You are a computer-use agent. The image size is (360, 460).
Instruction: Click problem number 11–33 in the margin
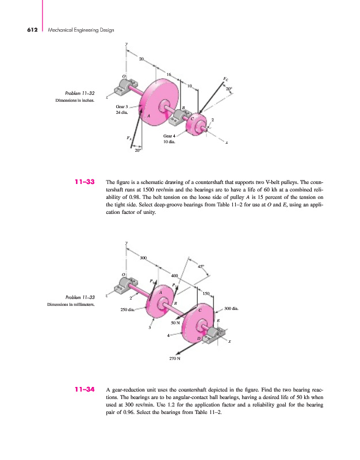pyautogui.click(x=85, y=183)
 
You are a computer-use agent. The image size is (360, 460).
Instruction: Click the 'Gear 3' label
pyautogui.click(x=122, y=106)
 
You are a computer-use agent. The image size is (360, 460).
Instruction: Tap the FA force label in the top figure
pyautogui.click(x=129, y=138)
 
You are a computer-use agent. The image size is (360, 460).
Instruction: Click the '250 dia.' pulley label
pyautogui.click(x=128, y=310)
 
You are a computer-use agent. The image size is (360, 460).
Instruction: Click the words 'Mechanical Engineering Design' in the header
pyautogui.click(x=73, y=29)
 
